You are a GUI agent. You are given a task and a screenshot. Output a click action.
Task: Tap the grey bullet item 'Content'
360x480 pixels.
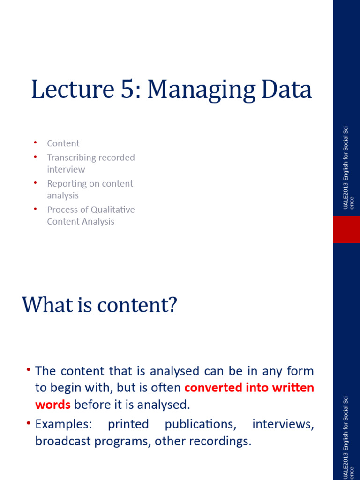pyautogui.click(x=63, y=143)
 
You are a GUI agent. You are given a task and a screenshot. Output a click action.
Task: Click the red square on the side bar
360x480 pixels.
pyautogui.click(x=346, y=229)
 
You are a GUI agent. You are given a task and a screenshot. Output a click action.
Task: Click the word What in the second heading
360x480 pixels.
pyautogui.click(x=49, y=305)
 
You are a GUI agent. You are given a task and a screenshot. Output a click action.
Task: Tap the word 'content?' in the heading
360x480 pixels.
pyautogui.click(x=137, y=305)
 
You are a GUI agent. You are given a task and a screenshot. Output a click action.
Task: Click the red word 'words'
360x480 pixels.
pyautogui.click(x=52, y=405)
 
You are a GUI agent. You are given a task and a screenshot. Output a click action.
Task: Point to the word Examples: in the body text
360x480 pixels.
pyautogui.click(x=64, y=425)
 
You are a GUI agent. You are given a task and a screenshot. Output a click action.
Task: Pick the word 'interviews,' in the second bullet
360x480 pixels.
pyautogui.click(x=283, y=425)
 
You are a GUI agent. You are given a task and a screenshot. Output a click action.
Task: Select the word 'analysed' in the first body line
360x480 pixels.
pyautogui.click(x=174, y=371)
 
